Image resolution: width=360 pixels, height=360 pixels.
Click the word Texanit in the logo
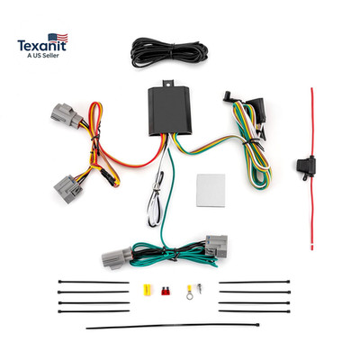(x=42, y=46)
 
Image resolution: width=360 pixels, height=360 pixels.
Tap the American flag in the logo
(x=58, y=38)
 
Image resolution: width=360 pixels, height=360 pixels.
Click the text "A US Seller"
(x=43, y=56)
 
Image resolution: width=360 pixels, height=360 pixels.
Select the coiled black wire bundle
(x=170, y=52)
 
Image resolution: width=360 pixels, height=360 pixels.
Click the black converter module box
(x=170, y=111)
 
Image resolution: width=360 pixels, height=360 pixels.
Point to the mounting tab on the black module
(x=168, y=83)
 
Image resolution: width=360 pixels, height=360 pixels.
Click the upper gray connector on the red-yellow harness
(x=66, y=115)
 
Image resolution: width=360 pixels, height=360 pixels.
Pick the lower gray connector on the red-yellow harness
(x=68, y=189)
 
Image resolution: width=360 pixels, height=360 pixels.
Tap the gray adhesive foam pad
(x=211, y=190)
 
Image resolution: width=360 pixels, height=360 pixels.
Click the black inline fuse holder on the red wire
(x=305, y=165)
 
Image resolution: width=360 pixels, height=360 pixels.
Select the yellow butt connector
(x=147, y=290)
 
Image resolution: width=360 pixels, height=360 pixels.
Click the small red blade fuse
(x=165, y=291)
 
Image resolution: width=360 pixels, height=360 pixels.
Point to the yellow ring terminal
(x=190, y=292)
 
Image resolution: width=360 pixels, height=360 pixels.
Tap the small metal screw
(x=199, y=288)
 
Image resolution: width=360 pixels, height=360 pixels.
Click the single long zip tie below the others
(x=173, y=326)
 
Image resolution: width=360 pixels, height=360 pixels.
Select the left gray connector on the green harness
(x=116, y=258)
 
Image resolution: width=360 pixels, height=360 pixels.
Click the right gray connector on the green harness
(x=216, y=247)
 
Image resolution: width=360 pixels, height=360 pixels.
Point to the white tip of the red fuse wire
(x=312, y=247)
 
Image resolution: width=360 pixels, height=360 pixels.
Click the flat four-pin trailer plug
(x=259, y=110)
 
